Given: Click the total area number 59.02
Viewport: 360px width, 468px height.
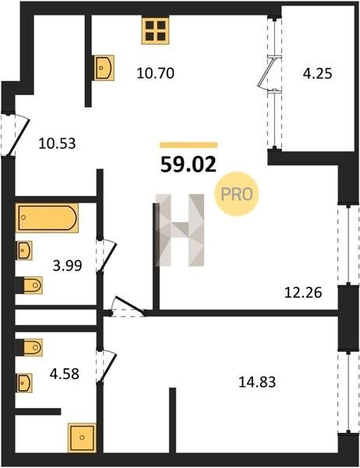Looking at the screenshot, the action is pyautogui.click(x=189, y=165).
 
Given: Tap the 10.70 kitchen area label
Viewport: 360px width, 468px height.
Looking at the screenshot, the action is pyautogui.click(x=155, y=73).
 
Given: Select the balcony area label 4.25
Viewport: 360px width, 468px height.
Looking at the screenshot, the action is pyautogui.click(x=317, y=73).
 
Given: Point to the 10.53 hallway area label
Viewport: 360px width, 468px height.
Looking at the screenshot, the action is pyautogui.click(x=57, y=144).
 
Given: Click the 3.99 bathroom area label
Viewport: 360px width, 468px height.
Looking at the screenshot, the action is pyautogui.click(x=68, y=265).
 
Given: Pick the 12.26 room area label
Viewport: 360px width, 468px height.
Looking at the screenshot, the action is pyautogui.click(x=303, y=292).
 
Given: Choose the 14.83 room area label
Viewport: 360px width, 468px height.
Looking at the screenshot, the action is pyautogui.click(x=257, y=381).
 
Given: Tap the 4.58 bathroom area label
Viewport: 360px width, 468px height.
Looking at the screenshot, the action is pyautogui.click(x=65, y=374).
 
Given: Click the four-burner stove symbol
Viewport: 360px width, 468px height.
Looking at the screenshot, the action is pyautogui.click(x=155, y=30).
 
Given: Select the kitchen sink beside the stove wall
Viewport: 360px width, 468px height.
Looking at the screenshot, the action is pyautogui.click(x=104, y=68).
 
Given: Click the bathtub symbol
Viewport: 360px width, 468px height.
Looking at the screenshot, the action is pyautogui.click(x=47, y=218).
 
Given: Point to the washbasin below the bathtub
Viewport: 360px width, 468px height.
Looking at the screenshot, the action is pyautogui.click(x=24, y=250).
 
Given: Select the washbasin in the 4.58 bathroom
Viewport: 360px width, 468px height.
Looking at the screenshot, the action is pyautogui.click(x=24, y=383).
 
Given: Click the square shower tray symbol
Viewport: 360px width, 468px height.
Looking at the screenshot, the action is pyautogui.click(x=82, y=438).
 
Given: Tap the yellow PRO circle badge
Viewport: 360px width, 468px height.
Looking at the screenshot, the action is pyautogui.click(x=237, y=194).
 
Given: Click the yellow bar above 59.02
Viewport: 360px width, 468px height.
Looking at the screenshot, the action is pyautogui.click(x=189, y=145).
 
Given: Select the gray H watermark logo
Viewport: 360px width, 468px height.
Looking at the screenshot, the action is pyautogui.click(x=180, y=230).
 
